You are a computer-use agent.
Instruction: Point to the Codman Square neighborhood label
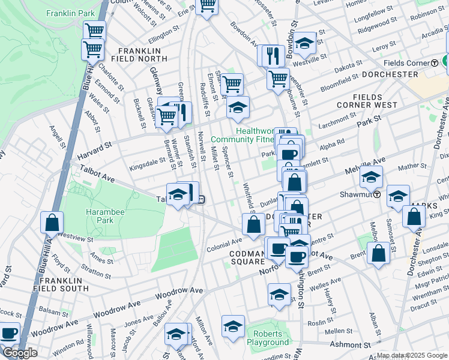[246, 257]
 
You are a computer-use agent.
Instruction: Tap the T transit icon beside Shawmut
[376, 194]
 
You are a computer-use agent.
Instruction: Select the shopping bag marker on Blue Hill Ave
[52, 223]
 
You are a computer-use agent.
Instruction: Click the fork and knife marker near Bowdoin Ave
[274, 56]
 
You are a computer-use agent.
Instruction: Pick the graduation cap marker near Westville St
[305, 43]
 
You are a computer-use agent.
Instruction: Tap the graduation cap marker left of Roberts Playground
[233, 326]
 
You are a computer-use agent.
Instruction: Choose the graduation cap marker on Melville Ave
[371, 178]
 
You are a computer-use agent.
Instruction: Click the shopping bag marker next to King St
[414, 217]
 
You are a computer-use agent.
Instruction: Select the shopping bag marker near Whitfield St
[253, 225]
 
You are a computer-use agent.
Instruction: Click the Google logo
[20, 353]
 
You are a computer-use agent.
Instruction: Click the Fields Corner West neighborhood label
[375, 101]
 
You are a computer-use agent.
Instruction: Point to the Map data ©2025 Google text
[412, 355]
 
